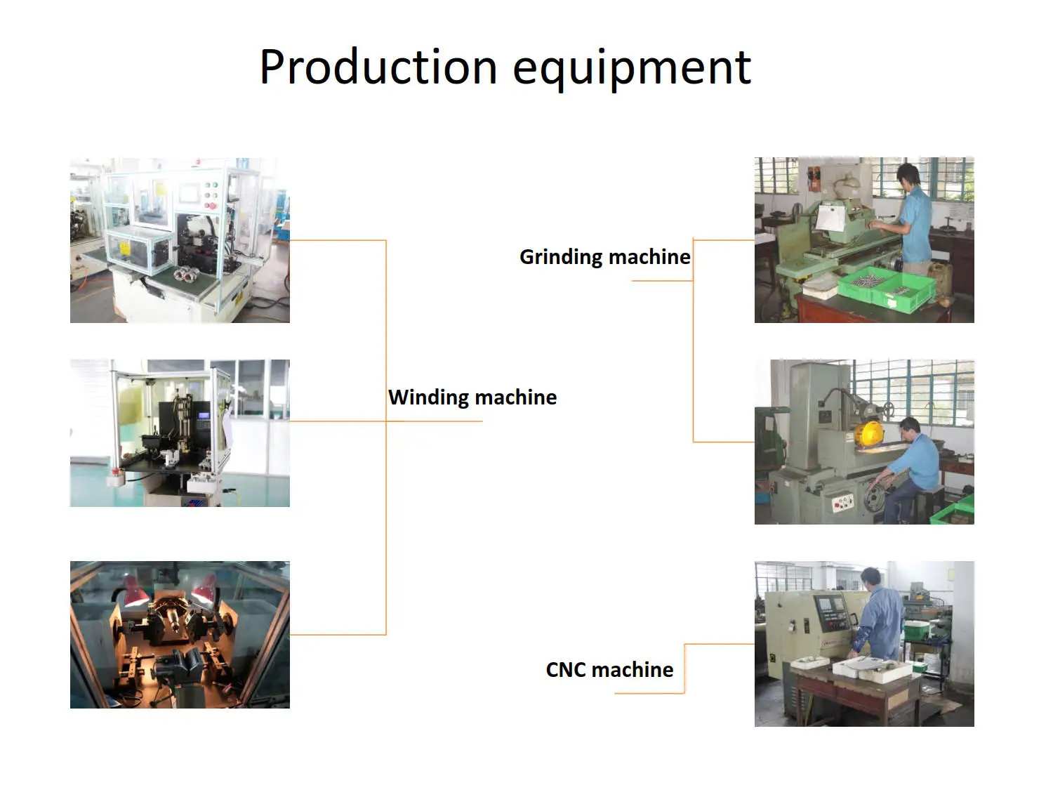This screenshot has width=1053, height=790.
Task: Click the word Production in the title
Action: (378, 67)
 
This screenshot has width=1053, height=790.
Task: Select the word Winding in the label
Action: (429, 397)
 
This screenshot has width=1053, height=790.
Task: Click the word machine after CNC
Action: (633, 670)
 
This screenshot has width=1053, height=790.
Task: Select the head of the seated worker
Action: (909, 426)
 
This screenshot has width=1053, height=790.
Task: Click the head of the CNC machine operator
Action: (871, 577)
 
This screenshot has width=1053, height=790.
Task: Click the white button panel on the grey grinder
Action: (842, 501)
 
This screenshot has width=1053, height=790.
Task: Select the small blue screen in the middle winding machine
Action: (204, 416)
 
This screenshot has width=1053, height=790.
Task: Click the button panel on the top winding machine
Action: (210, 195)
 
